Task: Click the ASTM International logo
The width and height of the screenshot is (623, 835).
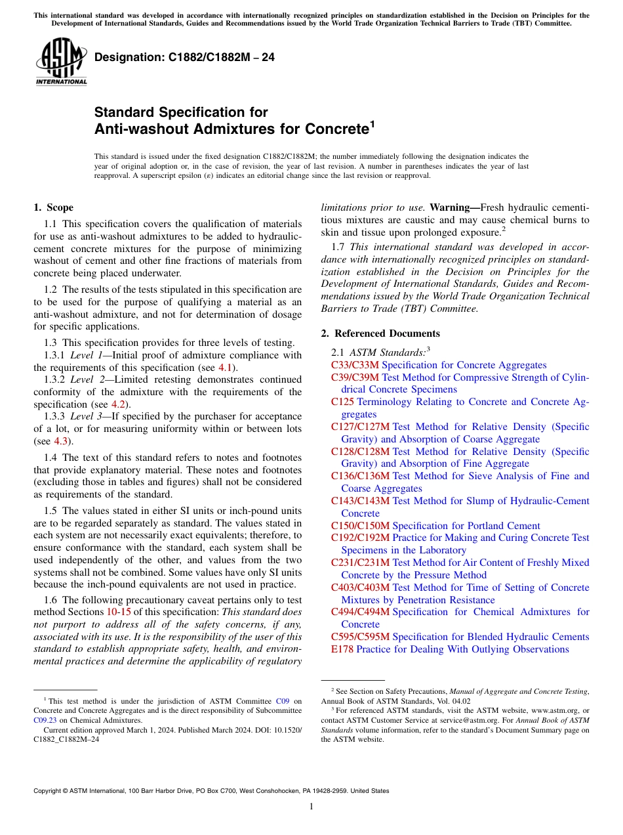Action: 60,61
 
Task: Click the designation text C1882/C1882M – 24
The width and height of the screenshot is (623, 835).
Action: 184,58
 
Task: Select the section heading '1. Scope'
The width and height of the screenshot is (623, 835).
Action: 53,208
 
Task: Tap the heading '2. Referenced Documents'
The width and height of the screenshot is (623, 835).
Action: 380,333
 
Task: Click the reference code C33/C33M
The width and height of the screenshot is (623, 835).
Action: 355,365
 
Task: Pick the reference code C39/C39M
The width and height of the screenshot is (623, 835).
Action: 355,377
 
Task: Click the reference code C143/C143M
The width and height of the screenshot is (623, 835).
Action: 360,501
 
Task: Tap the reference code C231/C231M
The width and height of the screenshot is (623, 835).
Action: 360,563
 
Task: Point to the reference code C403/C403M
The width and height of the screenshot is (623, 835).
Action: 360,588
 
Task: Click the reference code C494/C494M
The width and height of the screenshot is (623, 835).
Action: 360,612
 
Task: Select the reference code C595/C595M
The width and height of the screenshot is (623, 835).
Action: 360,637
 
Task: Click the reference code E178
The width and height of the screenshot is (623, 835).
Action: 342,649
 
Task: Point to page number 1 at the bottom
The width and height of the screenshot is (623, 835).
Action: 311,807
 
